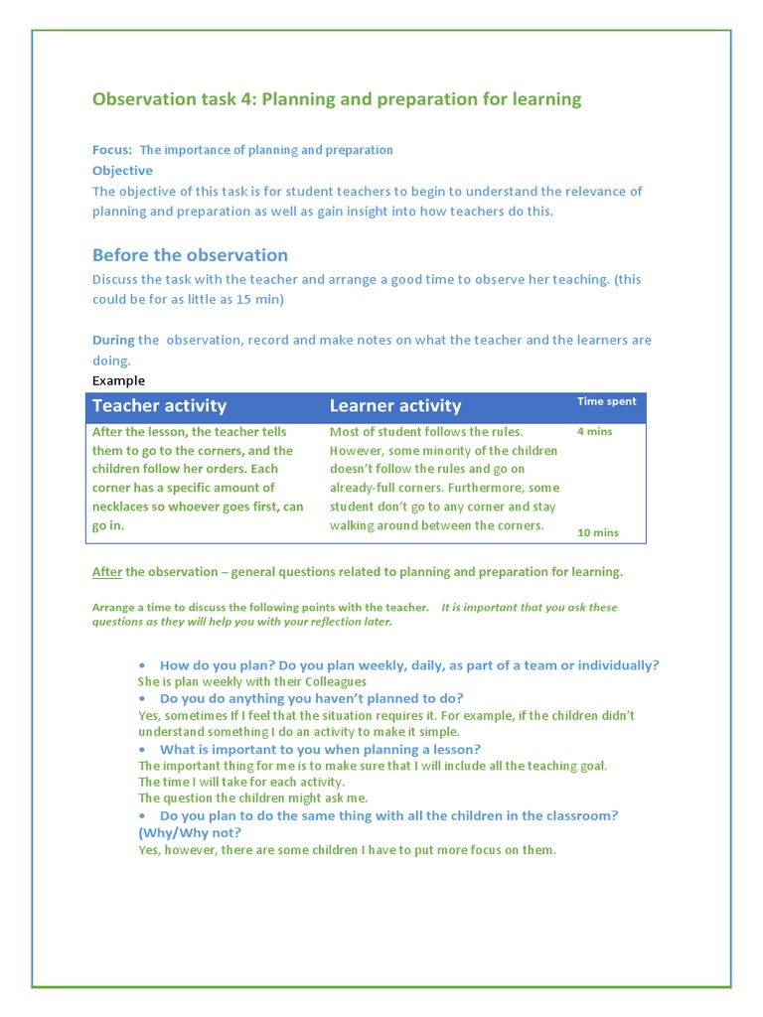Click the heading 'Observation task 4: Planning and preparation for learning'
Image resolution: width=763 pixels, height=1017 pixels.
tap(337, 99)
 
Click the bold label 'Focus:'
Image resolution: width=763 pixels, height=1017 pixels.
tap(112, 150)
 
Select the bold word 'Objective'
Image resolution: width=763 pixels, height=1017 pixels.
tap(122, 171)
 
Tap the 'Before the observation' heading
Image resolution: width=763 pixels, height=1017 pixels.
tap(190, 255)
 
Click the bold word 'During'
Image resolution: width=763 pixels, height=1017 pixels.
tap(113, 340)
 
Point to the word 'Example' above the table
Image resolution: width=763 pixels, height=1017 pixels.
tap(118, 380)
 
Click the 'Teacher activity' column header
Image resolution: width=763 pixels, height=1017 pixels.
tap(159, 405)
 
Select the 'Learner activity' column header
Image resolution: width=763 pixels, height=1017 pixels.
tap(395, 405)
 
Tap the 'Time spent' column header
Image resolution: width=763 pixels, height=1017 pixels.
tap(607, 401)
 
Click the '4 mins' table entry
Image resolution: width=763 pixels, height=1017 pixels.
tap(594, 432)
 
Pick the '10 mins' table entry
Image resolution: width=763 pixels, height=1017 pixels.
tap(597, 532)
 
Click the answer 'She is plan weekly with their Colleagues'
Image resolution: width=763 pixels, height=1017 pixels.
tap(251, 682)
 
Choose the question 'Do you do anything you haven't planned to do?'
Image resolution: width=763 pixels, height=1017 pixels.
tap(311, 698)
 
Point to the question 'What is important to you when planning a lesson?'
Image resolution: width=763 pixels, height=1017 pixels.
tap(319, 749)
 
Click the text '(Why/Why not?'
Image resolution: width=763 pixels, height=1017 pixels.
tap(190, 832)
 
